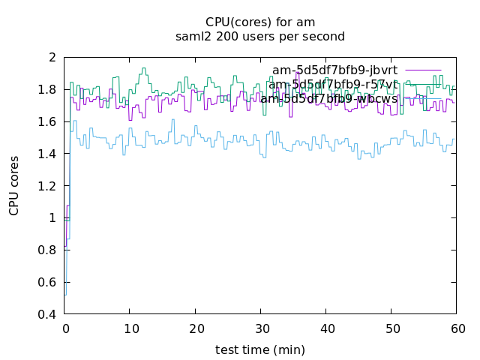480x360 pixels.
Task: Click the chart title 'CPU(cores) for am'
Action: (259, 22)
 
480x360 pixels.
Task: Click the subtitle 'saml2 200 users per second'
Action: (259, 36)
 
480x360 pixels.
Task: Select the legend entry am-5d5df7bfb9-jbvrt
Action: (334, 70)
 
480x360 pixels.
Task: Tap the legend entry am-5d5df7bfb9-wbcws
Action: (328, 99)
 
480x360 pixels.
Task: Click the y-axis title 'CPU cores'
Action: (14, 186)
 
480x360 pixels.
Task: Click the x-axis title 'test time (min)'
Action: (259, 349)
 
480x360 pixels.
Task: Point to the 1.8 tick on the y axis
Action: (47, 90)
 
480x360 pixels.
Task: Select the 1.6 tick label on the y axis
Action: (47, 121)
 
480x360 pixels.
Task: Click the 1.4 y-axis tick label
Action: (47, 154)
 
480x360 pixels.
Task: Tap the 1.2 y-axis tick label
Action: (47, 186)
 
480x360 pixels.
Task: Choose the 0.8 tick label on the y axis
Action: (47, 250)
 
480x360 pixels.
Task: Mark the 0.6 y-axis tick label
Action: (47, 283)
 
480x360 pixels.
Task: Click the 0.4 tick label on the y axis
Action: (47, 314)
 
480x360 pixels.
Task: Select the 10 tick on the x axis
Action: (129, 328)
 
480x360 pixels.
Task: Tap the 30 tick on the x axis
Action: (260, 328)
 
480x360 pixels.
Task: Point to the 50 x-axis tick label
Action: (391, 328)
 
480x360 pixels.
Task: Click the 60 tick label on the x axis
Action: (456, 328)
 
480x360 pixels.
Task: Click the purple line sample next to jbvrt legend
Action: (423, 70)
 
